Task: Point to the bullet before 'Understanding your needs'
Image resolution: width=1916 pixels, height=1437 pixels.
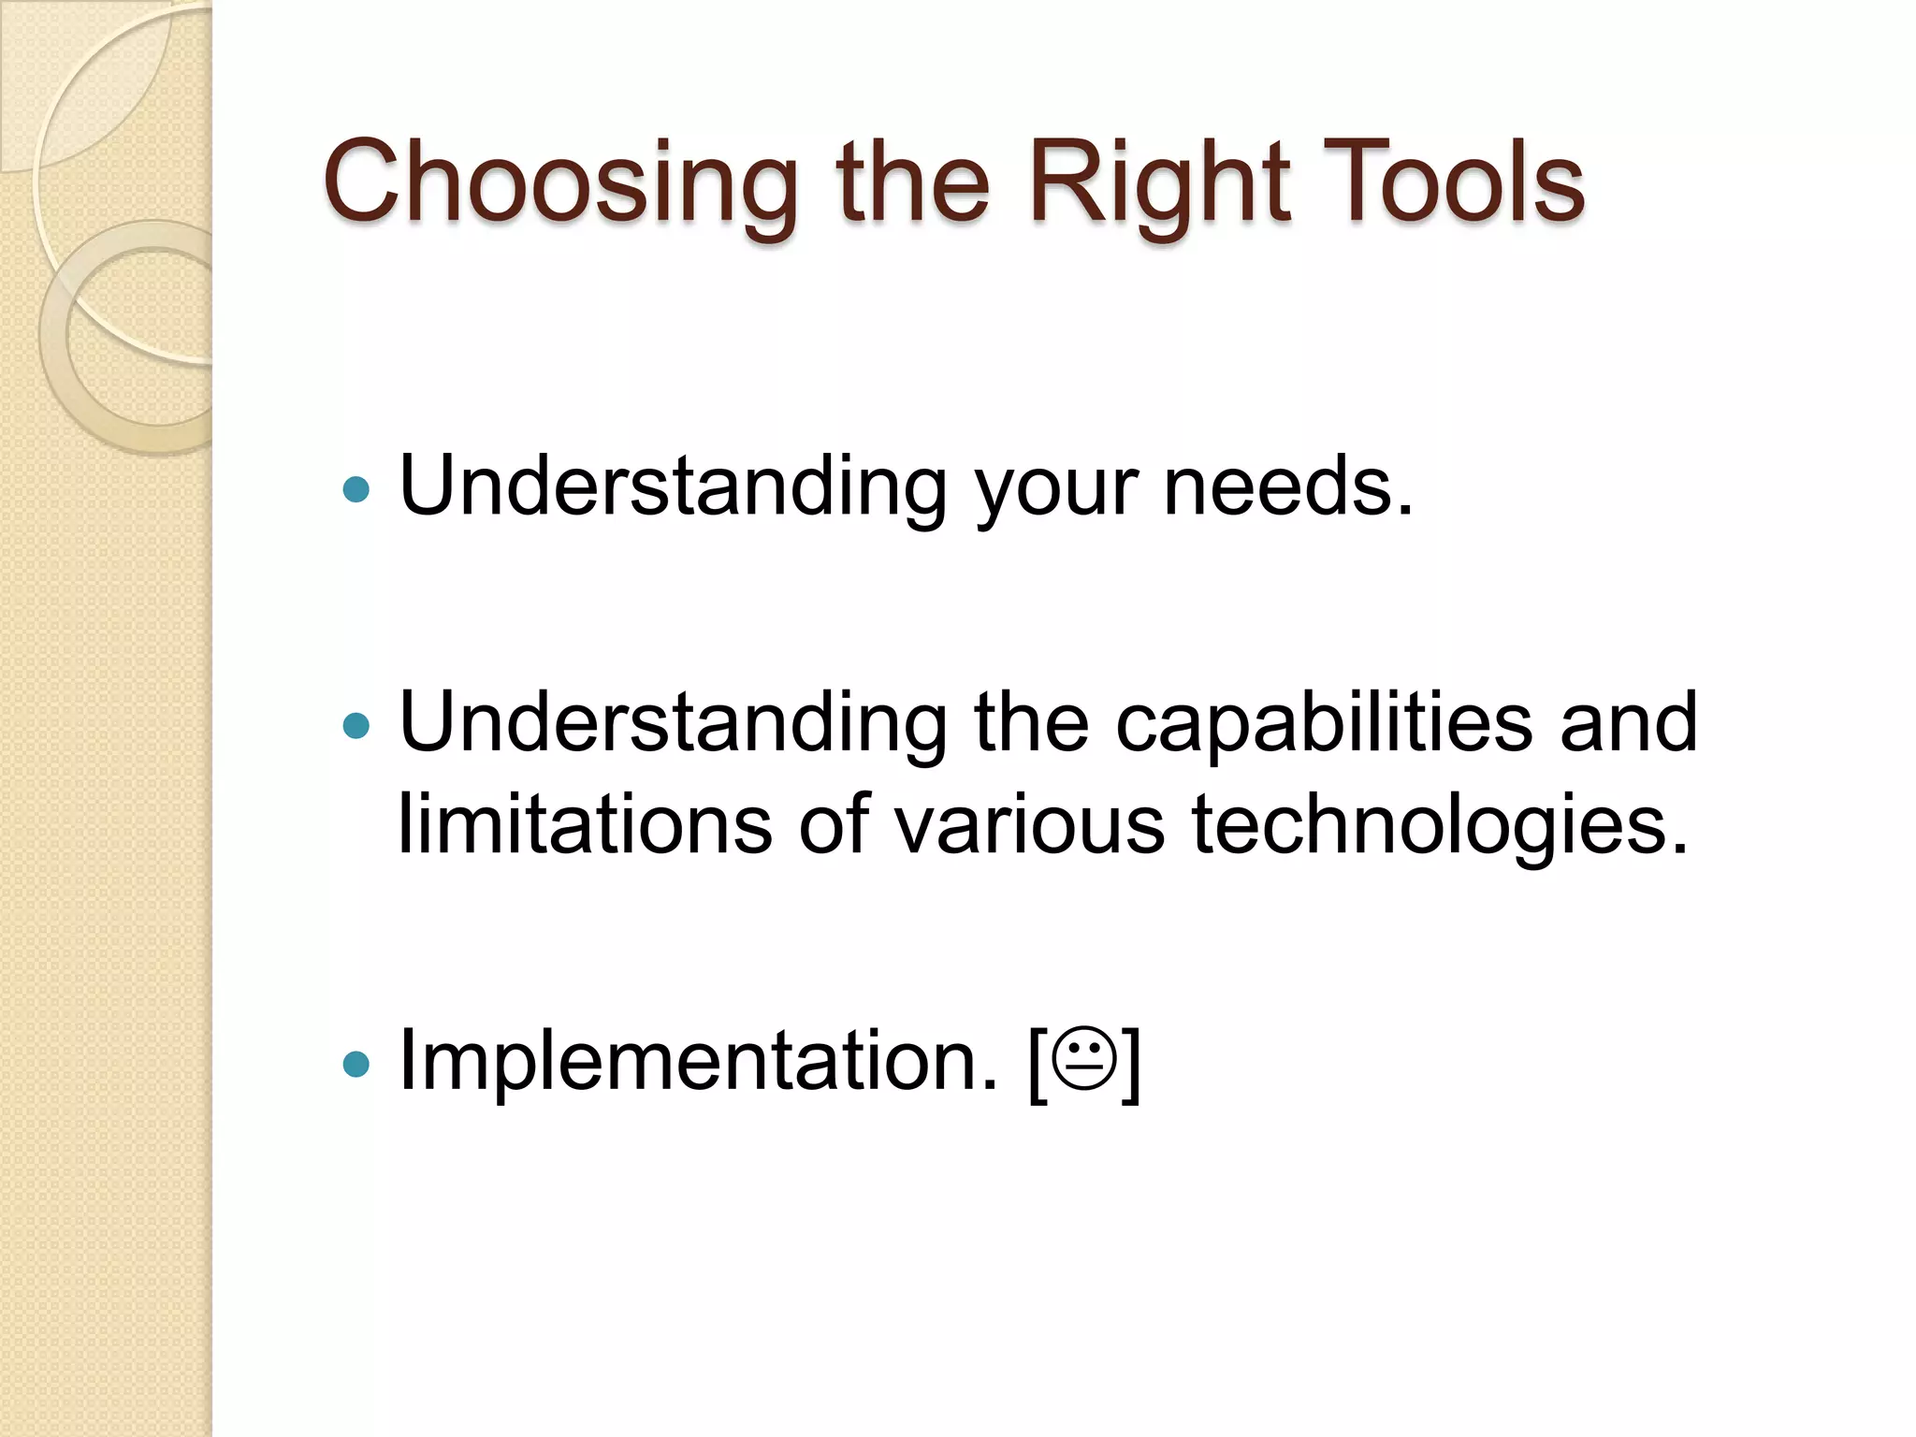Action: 356,489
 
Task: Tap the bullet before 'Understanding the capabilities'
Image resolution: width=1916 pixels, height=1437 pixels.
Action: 356,725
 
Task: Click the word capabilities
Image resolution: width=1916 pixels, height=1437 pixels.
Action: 1324,723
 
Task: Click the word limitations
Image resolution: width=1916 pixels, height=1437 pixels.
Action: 585,824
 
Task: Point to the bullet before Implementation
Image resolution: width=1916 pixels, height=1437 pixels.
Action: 356,1064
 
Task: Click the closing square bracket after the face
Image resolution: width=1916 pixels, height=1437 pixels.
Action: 1132,1064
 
